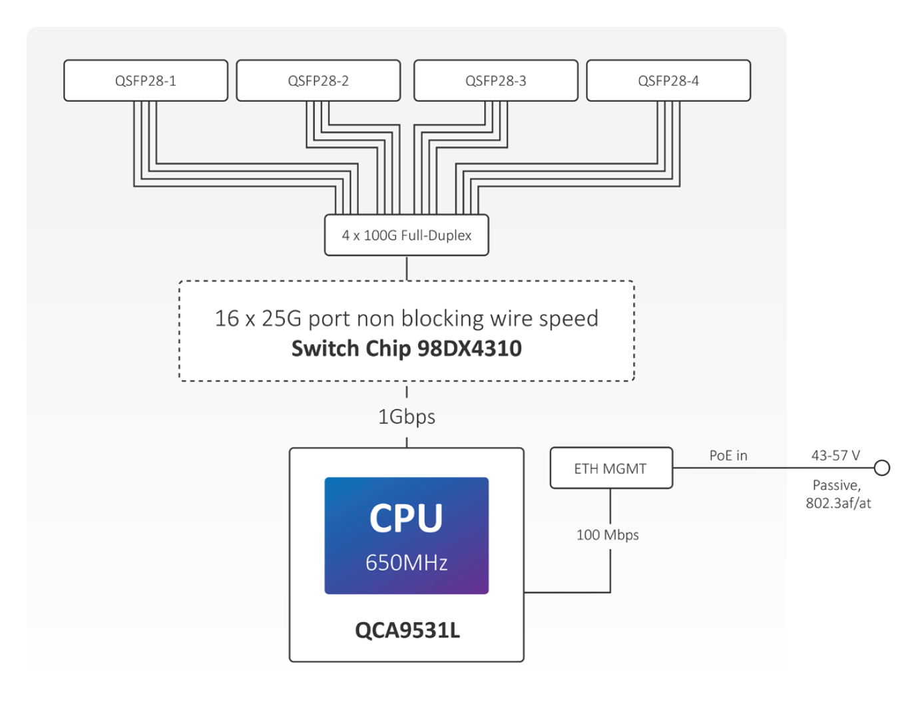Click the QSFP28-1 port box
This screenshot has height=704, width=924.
click(x=146, y=81)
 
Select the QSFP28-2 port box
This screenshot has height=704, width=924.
click(x=318, y=81)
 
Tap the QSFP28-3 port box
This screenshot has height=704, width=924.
click(x=495, y=81)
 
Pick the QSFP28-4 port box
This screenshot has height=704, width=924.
click(x=668, y=81)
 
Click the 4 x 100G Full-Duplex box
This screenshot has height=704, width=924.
click(x=406, y=235)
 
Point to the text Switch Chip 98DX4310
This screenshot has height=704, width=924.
click(x=406, y=349)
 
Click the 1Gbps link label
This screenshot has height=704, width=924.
click(x=406, y=417)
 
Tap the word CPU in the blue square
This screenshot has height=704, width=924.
click(x=406, y=518)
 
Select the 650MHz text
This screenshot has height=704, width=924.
click(x=406, y=563)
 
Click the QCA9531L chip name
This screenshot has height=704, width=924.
click(x=407, y=629)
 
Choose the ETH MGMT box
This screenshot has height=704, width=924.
click(x=610, y=468)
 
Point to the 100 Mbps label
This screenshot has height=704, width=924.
click(x=607, y=535)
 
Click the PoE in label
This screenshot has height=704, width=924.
click(x=728, y=456)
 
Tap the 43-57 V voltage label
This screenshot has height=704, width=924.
click(x=835, y=456)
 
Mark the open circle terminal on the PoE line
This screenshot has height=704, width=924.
click(x=882, y=468)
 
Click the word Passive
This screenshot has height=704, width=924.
click(x=836, y=486)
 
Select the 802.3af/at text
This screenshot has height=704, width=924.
click(x=838, y=503)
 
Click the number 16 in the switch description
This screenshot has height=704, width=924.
click(x=226, y=319)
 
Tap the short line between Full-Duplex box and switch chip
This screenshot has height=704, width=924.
click(x=407, y=268)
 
